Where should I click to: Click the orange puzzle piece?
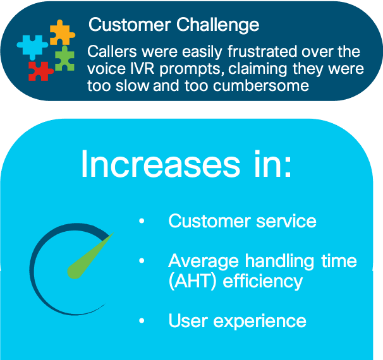(62, 33)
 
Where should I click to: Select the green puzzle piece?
(64, 59)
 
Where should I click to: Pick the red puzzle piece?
(40, 71)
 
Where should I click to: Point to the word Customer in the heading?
(130, 25)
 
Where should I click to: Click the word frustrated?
(262, 52)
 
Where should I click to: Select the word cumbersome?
(261, 86)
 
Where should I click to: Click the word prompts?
(192, 69)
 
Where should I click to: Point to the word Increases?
(161, 164)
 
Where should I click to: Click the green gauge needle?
(90, 256)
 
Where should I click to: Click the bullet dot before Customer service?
(142, 221)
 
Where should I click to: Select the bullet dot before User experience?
(142, 320)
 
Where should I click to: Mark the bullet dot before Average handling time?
(142, 261)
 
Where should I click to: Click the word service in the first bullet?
(286, 221)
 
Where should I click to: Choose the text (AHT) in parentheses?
(193, 282)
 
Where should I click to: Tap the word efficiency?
(262, 282)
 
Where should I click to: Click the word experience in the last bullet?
(260, 321)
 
